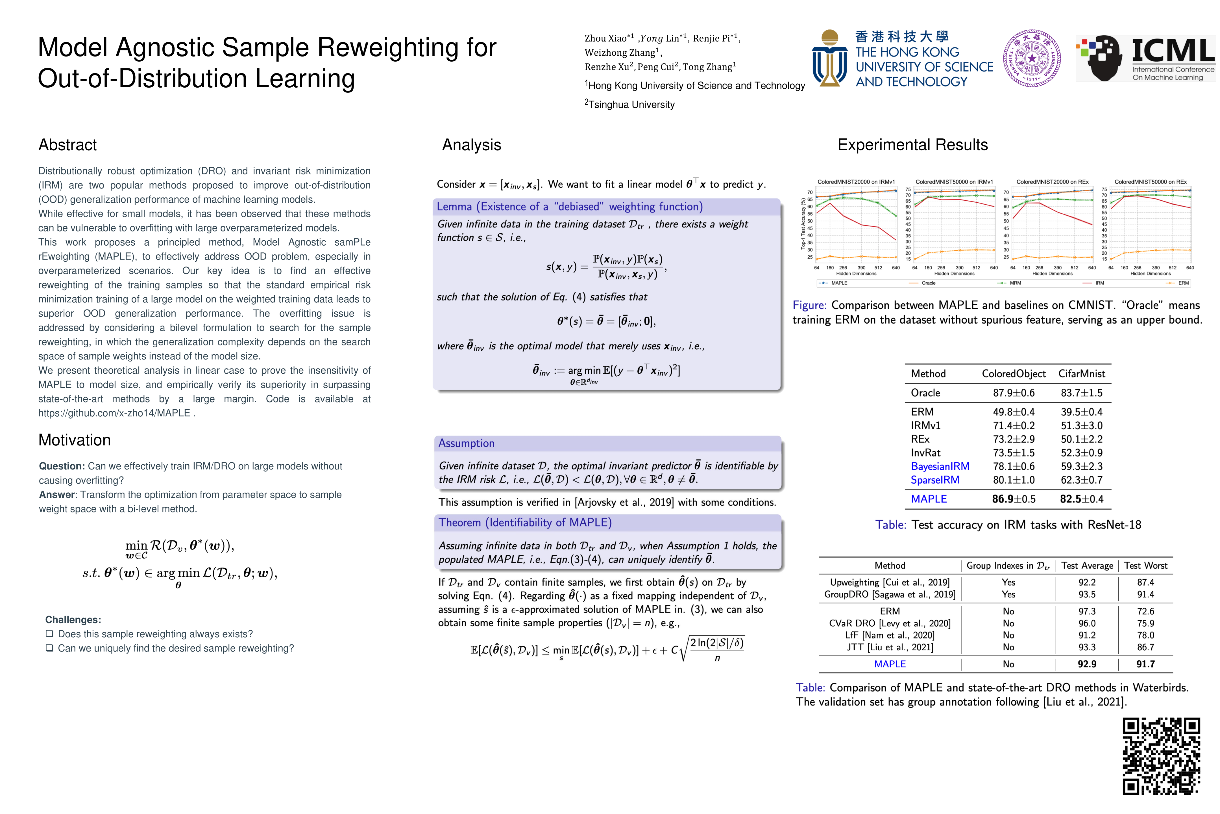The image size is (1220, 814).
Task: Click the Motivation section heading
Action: pyautogui.click(x=75, y=440)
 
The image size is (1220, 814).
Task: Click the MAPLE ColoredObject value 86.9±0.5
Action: pyautogui.click(x=1014, y=499)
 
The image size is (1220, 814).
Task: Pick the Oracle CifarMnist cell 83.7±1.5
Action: pyautogui.click(x=1082, y=393)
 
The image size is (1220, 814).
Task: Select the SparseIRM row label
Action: pyautogui.click(x=935, y=480)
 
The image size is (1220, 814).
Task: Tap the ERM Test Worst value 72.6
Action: pyautogui.click(x=1145, y=612)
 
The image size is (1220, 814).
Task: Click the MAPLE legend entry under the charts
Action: pyautogui.click(x=834, y=283)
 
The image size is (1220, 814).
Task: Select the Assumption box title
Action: pyautogui.click(x=466, y=443)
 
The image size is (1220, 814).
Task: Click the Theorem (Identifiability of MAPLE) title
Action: pyautogui.click(x=525, y=523)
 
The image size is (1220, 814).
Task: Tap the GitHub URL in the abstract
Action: pyautogui.click(x=114, y=413)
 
